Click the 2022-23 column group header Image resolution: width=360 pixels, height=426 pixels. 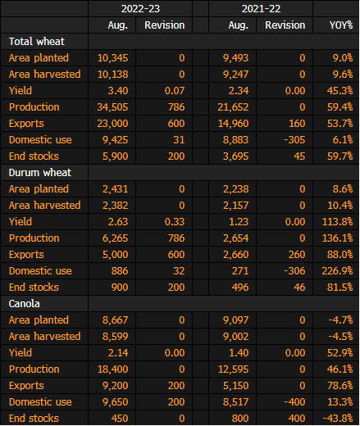140,9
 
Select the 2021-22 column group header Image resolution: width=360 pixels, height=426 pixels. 261,9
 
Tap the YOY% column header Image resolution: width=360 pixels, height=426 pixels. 341,25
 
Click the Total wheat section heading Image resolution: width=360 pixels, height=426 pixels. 37,42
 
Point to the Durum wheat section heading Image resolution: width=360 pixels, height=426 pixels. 40,173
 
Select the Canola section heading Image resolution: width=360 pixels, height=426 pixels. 25,304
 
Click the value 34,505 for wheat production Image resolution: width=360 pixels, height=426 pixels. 112,107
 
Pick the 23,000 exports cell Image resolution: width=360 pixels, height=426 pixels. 112,124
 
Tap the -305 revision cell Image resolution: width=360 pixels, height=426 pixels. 294,140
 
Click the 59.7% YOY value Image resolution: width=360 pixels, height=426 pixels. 340,156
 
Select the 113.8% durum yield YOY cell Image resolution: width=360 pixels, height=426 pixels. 338,222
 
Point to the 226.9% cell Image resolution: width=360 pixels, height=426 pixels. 338,271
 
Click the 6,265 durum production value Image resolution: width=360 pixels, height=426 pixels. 116,238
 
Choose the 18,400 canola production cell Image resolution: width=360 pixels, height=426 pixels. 112,369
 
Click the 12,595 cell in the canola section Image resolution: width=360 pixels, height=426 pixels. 233,369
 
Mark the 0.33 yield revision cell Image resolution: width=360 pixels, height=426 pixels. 175,222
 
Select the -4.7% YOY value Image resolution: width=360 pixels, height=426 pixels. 340,320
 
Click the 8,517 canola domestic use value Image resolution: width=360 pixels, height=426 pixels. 236,402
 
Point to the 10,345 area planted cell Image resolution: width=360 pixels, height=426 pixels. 112,58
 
